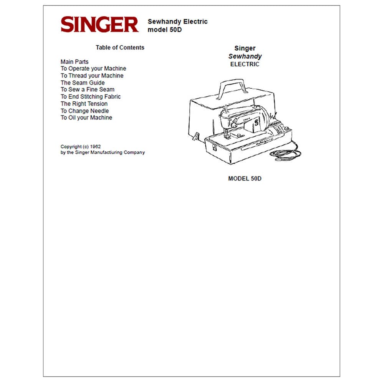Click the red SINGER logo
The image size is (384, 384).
point(100,24)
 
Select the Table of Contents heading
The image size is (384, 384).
point(120,48)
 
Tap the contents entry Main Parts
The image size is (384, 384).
point(74,62)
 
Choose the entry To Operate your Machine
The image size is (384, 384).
point(93,69)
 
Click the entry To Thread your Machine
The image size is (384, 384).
point(92,76)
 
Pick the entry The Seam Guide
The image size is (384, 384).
point(83,83)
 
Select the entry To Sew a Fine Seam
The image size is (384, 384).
point(88,89)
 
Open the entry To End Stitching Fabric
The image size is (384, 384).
point(91,97)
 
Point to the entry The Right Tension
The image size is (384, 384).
point(84,104)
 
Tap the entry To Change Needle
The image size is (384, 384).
point(85,111)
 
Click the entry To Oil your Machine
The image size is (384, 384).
point(86,118)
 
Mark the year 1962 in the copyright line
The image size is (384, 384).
point(95,146)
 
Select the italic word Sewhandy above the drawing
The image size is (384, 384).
point(245,56)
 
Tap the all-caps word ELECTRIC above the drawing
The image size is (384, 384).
point(245,64)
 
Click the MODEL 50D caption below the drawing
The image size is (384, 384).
point(245,179)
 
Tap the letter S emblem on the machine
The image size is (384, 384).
point(257,122)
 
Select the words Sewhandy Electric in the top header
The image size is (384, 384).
point(177,22)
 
